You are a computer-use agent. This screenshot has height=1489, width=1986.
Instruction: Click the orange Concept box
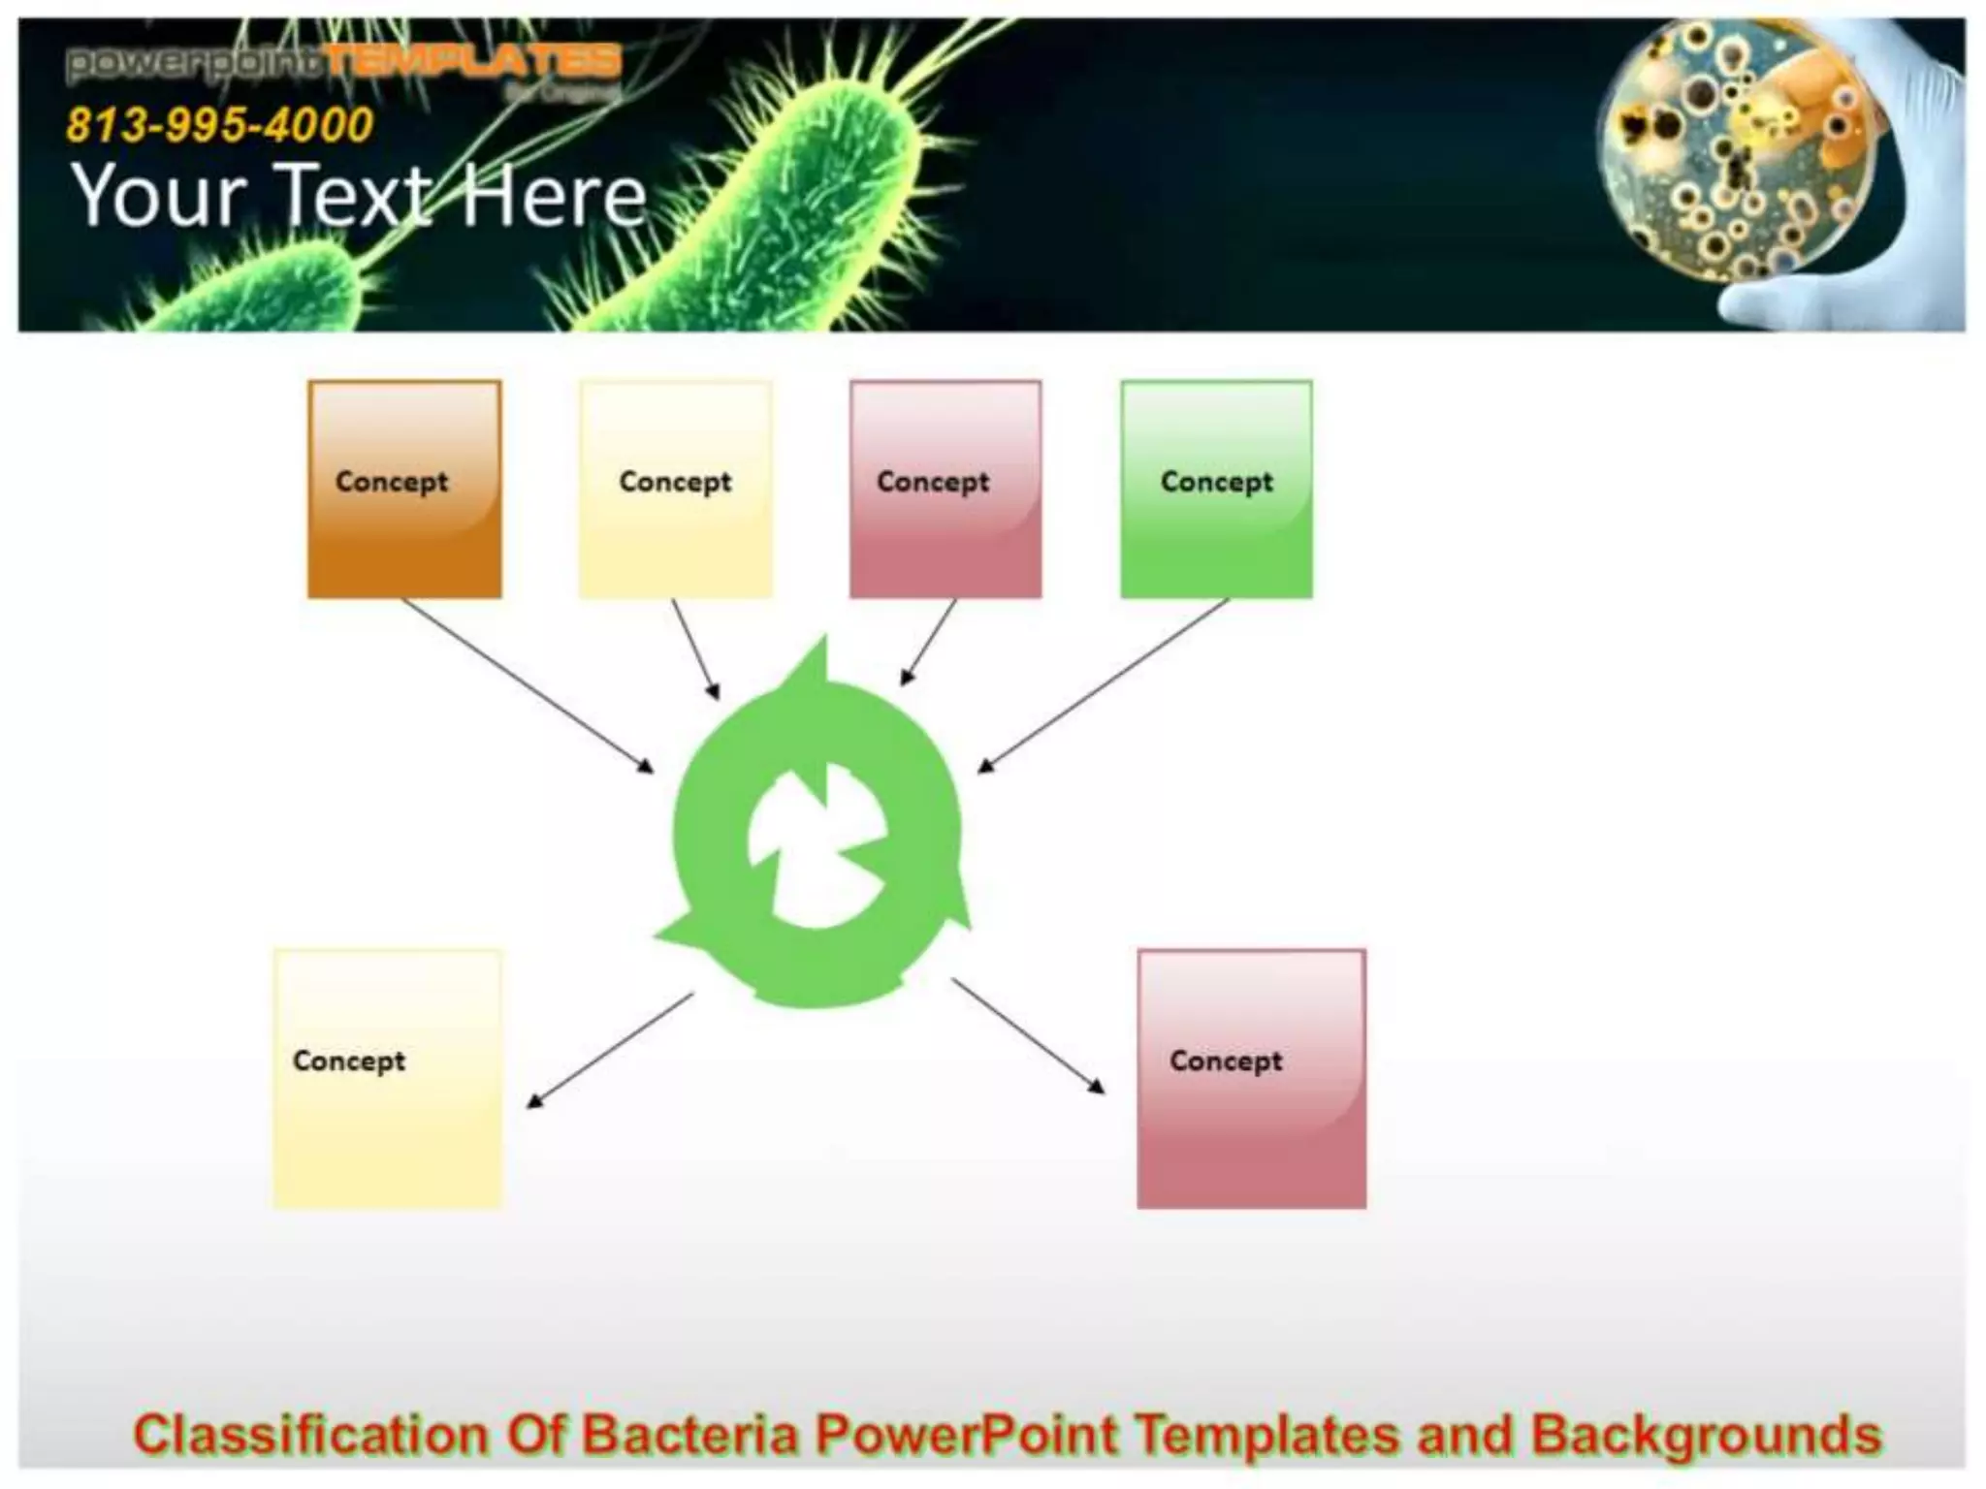click(x=404, y=489)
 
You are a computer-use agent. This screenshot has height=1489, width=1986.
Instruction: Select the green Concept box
click(x=1216, y=489)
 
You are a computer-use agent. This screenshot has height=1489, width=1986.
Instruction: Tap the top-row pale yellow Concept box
click(x=676, y=489)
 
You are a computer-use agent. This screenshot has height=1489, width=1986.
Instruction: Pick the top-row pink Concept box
click(x=945, y=489)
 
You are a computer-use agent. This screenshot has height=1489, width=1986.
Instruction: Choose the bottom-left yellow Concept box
click(x=388, y=1078)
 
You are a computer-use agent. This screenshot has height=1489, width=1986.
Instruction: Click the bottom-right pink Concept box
click(x=1251, y=1078)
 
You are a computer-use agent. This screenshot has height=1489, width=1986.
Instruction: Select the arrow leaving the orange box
click(x=528, y=685)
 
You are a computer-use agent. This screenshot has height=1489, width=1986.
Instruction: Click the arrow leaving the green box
click(x=1104, y=685)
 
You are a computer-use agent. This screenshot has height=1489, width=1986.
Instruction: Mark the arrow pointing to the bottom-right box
click(x=1028, y=1035)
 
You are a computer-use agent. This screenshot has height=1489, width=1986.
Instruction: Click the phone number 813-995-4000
click(x=220, y=125)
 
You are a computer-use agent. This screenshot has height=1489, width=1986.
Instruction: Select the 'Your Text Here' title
click(x=359, y=196)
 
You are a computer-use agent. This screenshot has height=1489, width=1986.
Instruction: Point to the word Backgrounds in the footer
click(x=1706, y=1435)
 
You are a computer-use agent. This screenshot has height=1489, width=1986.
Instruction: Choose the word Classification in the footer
click(x=310, y=1435)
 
